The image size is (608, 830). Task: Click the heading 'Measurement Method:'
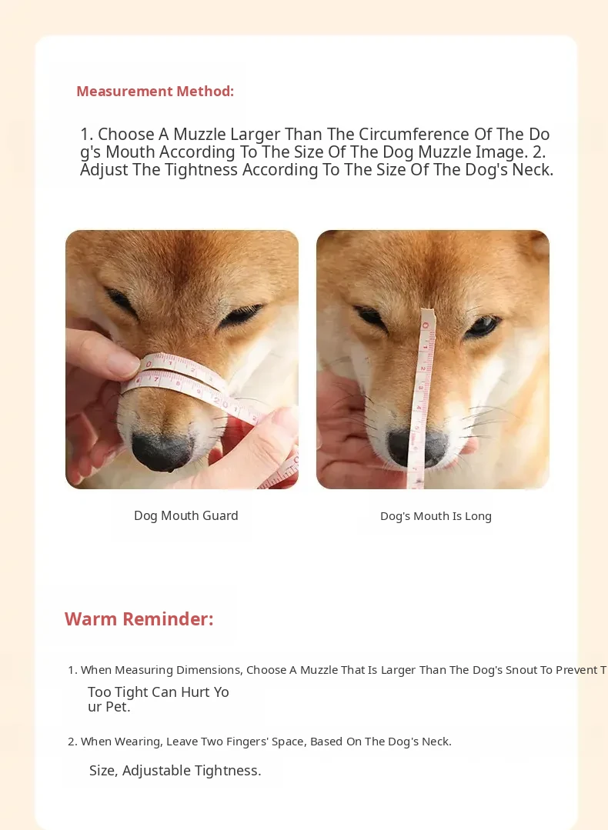[x=155, y=91]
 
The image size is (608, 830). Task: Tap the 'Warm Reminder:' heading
[x=139, y=618]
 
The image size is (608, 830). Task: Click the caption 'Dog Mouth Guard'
[x=186, y=515]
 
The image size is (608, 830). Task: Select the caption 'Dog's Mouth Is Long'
[x=436, y=516]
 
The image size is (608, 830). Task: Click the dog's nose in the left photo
[x=162, y=451]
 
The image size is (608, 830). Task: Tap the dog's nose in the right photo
[x=418, y=448]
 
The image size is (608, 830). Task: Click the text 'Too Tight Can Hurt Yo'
[x=159, y=692]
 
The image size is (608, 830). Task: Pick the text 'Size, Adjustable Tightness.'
[x=175, y=771]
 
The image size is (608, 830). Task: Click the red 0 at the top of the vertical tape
[x=426, y=325]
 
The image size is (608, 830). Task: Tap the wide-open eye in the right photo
[x=482, y=327]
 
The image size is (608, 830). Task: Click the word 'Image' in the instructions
[x=494, y=152]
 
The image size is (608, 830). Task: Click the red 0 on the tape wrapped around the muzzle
[x=149, y=365]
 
